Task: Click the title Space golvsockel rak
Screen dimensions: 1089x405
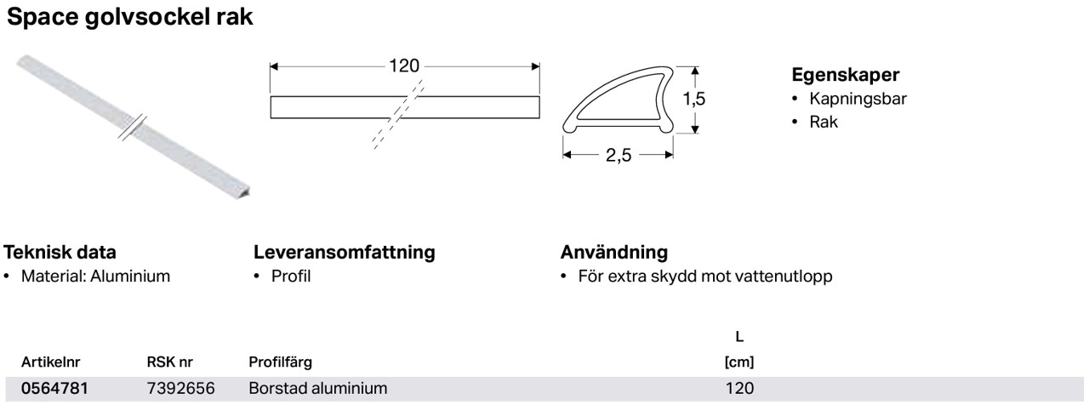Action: (x=130, y=18)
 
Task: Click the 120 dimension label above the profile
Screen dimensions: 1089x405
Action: (x=404, y=66)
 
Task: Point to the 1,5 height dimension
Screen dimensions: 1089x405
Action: (x=693, y=99)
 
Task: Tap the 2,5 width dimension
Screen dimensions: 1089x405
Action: (x=619, y=155)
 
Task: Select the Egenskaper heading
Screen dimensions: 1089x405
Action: (x=846, y=75)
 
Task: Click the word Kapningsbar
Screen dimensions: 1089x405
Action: (x=858, y=99)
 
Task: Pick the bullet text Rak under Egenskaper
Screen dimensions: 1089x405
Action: (x=824, y=122)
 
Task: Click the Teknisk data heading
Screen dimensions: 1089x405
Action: (x=60, y=252)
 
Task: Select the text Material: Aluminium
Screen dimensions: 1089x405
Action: (x=96, y=277)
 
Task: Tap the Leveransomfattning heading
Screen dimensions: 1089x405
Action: (x=345, y=253)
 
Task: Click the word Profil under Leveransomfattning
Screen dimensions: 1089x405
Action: (x=291, y=277)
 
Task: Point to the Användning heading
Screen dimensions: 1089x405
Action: (x=614, y=253)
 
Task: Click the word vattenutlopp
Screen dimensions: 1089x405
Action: (x=784, y=277)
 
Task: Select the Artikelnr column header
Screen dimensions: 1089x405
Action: (x=50, y=362)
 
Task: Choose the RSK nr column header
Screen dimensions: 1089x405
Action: (x=169, y=362)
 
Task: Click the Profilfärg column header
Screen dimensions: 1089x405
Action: (x=281, y=362)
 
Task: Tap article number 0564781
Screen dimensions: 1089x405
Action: (x=55, y=389)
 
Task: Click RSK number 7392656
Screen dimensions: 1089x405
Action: (x=181, y=389)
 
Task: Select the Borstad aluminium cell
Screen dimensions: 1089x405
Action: (x=318, y=389)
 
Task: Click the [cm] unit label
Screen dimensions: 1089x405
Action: (x=739, y=362)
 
